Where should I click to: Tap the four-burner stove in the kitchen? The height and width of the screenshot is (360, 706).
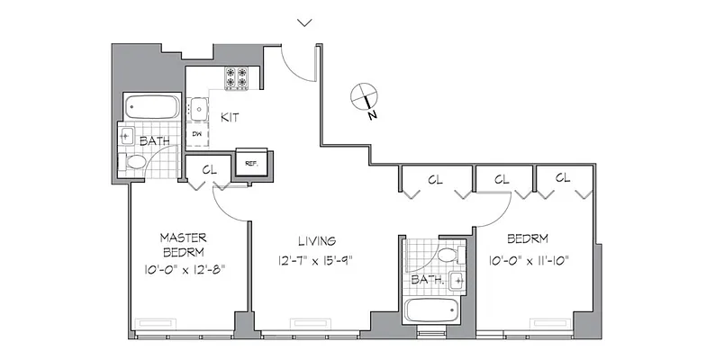[x=236, y=78]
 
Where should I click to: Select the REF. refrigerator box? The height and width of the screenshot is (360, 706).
[x=249, y=163]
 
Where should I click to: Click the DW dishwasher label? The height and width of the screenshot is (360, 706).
[x=196, y=134]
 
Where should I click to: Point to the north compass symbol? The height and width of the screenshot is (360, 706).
[x=363, y=95]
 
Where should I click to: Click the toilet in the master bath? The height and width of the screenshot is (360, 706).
[x=136, y=163]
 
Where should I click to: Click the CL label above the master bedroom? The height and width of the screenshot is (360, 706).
[x=209, y=168]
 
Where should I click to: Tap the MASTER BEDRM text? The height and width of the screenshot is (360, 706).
[x=185, y=244]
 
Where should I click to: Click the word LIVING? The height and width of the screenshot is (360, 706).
[x=317, y=240]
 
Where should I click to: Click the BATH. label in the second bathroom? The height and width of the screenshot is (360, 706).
[x=427, y=281]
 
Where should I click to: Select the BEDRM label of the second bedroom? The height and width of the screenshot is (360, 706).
[x=529, y=240]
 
